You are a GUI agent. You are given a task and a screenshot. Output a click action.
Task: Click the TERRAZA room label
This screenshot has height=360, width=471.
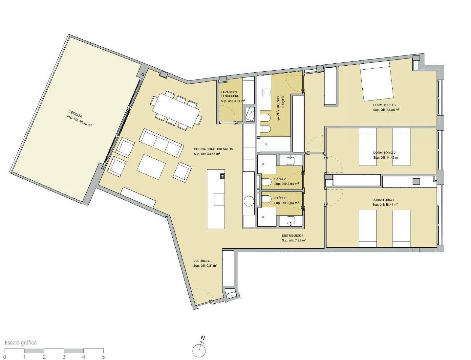click(x=75, y=114)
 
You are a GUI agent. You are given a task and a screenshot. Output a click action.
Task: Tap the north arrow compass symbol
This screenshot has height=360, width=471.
click(x=199, y=349)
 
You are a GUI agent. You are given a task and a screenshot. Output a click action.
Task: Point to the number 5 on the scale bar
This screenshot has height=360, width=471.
click(x=104, y=357)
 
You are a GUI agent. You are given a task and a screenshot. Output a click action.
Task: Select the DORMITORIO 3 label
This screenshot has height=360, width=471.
click(x=384, y=105)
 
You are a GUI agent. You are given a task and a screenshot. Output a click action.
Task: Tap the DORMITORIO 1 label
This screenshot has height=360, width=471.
click(x=383, y=200)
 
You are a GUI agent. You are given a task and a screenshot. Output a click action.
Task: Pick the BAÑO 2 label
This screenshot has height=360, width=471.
click(x=280, y=179)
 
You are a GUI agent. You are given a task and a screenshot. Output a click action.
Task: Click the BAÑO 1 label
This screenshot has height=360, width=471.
click(x=280, y=198)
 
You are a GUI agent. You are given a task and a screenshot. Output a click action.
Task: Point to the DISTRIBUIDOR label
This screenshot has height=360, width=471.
click(x=292, y=236)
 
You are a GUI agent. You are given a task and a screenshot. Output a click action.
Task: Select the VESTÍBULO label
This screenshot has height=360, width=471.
click(x=202, y=261)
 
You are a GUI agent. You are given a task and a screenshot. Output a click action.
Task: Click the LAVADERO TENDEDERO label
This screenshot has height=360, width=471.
click(x=230, y=94)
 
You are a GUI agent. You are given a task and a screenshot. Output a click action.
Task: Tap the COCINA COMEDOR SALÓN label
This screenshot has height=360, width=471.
click(x=213, y=149)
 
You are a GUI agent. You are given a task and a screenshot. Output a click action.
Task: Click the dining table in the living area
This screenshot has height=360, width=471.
click(x=176, y=111)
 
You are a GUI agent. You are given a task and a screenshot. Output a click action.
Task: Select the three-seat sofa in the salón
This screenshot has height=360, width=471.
click(x=161, y=143)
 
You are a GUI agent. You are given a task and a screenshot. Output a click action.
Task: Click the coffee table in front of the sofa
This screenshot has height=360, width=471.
click(x=151, y=167)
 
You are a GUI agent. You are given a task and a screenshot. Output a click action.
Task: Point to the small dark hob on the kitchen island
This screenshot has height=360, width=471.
click(x=222, y=176)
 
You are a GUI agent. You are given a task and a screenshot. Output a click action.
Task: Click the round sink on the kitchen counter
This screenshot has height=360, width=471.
click(x=249, y=202)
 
